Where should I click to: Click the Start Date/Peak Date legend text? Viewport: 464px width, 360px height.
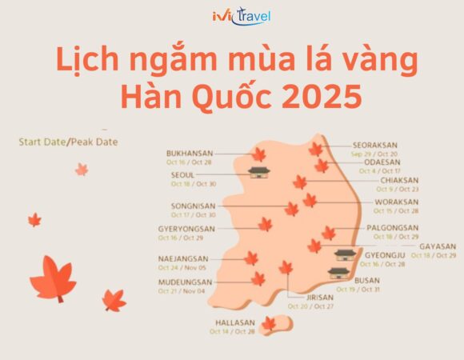68,142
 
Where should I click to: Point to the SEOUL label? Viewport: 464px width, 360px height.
182,174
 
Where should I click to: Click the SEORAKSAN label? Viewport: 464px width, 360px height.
374,146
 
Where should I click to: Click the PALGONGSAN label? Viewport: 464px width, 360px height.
393,228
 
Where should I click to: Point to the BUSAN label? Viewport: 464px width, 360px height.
367,281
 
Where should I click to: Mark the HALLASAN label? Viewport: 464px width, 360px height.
234,322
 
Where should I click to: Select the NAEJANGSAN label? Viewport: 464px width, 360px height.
183,258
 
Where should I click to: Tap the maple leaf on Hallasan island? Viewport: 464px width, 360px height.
270,323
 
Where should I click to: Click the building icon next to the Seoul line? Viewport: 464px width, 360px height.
258,172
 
